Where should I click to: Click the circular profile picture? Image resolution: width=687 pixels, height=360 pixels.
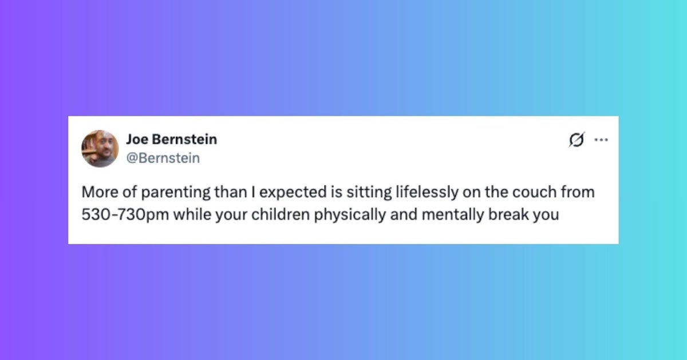pyautogui.click(x=100, y=149)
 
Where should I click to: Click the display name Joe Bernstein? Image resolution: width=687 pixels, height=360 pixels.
pyautogui.click(x=171, y=140)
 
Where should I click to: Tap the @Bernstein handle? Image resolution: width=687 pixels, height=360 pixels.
pyautogui.click(x=163, y=158)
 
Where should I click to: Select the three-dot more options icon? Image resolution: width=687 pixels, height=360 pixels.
pyautogui.click(x=601, y=140)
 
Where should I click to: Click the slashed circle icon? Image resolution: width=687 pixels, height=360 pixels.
pyautogui.click(x=577, y=140)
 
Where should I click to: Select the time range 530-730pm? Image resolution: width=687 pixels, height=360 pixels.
pyautogui.click(x=125, y=215)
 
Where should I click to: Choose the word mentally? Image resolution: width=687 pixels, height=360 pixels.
pyautogui.click(x=452, y=215)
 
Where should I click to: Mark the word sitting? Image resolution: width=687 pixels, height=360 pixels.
pyautogui.click(x=369, y=193)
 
